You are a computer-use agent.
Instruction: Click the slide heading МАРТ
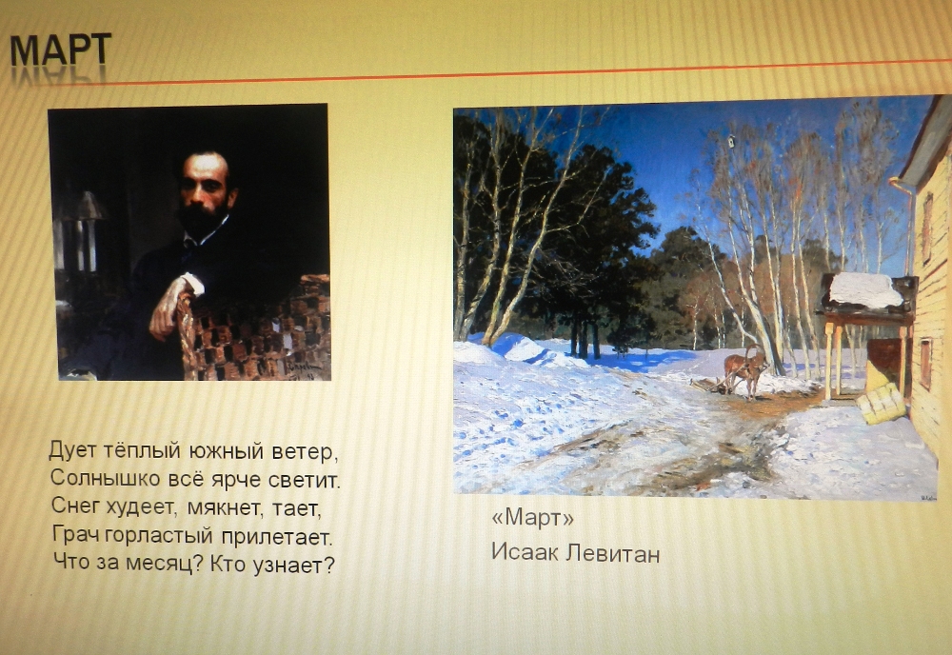coord(61,50)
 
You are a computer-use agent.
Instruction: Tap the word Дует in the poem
coord(72,450)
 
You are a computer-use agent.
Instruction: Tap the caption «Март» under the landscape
coord(532,518)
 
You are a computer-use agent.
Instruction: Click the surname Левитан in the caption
coord(612,553)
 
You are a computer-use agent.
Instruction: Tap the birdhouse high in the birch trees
coord(732,142)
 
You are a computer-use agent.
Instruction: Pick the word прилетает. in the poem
coord(276,537)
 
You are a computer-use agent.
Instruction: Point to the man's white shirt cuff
coord(193,283)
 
